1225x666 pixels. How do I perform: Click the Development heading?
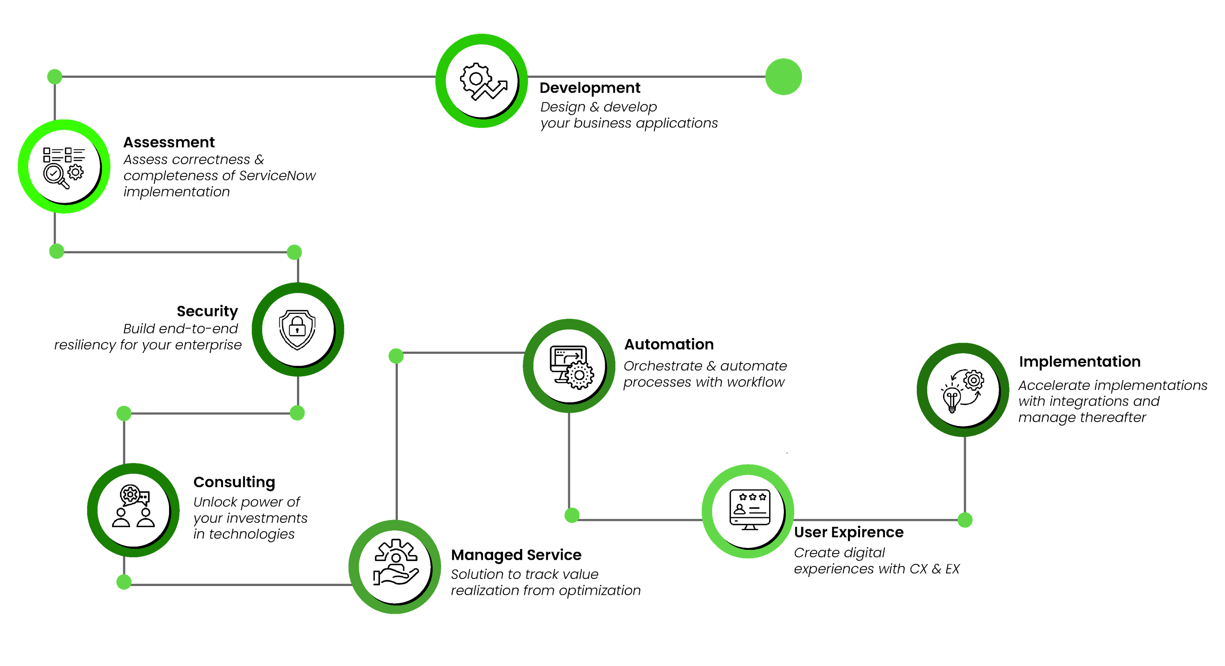click(590, 88)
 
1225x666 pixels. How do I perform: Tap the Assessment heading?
click(169, 142)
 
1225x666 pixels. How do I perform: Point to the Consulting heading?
click(234, 482)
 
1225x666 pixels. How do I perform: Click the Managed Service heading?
click(516, 555)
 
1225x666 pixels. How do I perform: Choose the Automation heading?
click(669, 344)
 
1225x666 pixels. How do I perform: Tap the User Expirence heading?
click(848, 532)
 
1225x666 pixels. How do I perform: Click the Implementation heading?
click(1080, 362)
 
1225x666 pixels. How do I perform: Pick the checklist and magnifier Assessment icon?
click(64, 167)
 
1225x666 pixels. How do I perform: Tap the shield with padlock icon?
click(298, 329)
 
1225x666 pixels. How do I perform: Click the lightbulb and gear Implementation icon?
click(962, 390)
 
